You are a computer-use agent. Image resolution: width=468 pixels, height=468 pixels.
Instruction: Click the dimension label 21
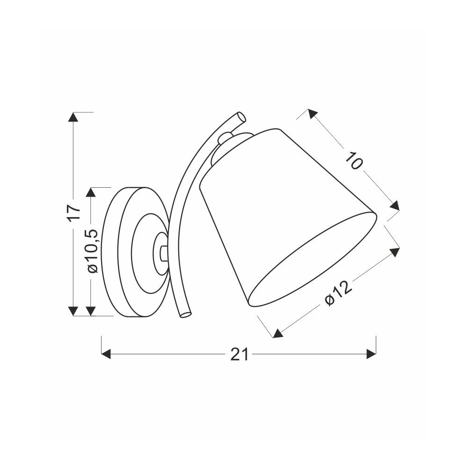point(239,355)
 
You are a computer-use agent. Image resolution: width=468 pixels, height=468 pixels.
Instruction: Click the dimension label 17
point(74,212)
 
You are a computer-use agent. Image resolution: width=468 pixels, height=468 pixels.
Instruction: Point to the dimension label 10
point(354,160)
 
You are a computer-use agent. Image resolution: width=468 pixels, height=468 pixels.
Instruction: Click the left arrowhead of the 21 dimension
point(106,354)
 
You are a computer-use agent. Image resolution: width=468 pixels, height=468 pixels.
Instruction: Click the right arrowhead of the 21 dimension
point(371,354)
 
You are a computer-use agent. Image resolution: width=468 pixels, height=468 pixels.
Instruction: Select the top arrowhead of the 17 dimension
point(73,117)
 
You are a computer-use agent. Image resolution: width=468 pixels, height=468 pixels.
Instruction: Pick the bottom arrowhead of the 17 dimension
point(73,311)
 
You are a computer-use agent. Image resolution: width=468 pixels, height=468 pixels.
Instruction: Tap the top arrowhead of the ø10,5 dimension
point(91,192)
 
